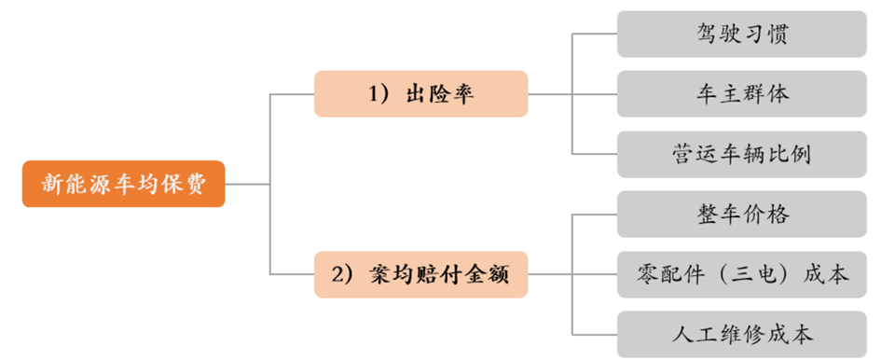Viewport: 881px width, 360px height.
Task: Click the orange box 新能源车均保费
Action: pyautogui.click(x=124, y=184)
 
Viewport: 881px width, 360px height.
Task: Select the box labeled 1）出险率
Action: pyautogui.click(x=420, y=94)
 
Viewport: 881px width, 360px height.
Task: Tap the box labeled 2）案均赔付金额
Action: pyautogui.click(x=420, y=274)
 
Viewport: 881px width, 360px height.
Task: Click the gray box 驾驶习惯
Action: pyautogui.click(x=742, y=34)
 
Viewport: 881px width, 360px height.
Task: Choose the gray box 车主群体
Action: pyautogui.click(x=742, y=94)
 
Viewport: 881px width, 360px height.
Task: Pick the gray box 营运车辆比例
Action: pyautogui.click(x=742, y=154)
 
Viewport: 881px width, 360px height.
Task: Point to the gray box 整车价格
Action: pyautogui.click(x=742, y=215)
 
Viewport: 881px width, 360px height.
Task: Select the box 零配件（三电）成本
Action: pyautogui.click(x=742, y=274)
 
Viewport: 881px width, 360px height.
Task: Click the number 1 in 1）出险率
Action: pyautogui.click(x=373, y=94)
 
